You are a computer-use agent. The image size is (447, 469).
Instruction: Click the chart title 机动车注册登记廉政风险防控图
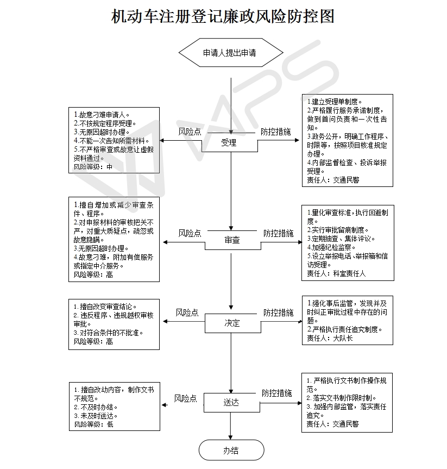223,17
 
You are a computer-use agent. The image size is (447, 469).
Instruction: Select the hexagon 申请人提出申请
231,53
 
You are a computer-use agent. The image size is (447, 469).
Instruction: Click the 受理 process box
229,143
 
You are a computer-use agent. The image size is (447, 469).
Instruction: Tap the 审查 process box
232,240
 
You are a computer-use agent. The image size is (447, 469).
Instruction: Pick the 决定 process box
232,323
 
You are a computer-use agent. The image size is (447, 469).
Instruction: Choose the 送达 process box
231,403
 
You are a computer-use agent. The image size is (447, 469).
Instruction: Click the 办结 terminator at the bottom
231,450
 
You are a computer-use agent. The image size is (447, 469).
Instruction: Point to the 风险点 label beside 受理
190,132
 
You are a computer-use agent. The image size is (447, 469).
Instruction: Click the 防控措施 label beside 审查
279,233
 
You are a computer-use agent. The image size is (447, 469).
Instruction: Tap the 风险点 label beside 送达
185,398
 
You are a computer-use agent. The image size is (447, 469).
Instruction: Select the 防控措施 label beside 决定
279,312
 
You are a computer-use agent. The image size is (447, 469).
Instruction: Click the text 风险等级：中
93,167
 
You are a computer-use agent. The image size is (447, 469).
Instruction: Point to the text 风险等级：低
93,424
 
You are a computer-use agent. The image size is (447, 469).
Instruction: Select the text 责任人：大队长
330,337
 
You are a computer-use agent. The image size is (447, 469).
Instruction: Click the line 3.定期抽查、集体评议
341,239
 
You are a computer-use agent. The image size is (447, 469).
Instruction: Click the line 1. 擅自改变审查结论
105,307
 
